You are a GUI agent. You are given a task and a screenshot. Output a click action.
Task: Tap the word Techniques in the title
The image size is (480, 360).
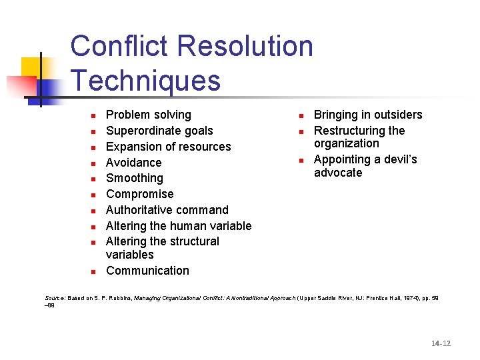pos(145,81)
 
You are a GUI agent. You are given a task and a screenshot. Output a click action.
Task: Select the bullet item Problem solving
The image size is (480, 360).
pos(149,115)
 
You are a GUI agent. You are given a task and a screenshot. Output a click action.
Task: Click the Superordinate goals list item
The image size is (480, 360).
pos(159,131)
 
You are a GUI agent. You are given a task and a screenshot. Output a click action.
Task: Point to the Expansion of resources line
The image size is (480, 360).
pos(168,147)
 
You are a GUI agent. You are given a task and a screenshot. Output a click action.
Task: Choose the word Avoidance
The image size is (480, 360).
pos(133,163)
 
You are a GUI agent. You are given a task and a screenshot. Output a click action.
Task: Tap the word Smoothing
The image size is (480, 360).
pos(134,178)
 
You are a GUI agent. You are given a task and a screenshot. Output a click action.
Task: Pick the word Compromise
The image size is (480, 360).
pos(139,194)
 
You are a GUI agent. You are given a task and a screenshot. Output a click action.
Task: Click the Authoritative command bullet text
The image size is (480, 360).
pos(167,210)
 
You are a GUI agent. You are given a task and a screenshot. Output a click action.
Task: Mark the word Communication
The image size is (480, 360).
pos(147,271)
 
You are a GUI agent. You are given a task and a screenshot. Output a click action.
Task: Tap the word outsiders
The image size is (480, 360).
pos(396,115)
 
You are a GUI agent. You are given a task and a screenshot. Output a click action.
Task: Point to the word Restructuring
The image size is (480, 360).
pos(349,131)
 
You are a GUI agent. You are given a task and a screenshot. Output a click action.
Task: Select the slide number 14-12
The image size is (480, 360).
pos(441,343)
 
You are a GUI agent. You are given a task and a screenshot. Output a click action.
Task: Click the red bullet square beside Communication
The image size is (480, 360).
pos(94,271)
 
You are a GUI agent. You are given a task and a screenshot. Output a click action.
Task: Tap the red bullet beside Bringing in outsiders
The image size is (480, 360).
pos(301,115)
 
